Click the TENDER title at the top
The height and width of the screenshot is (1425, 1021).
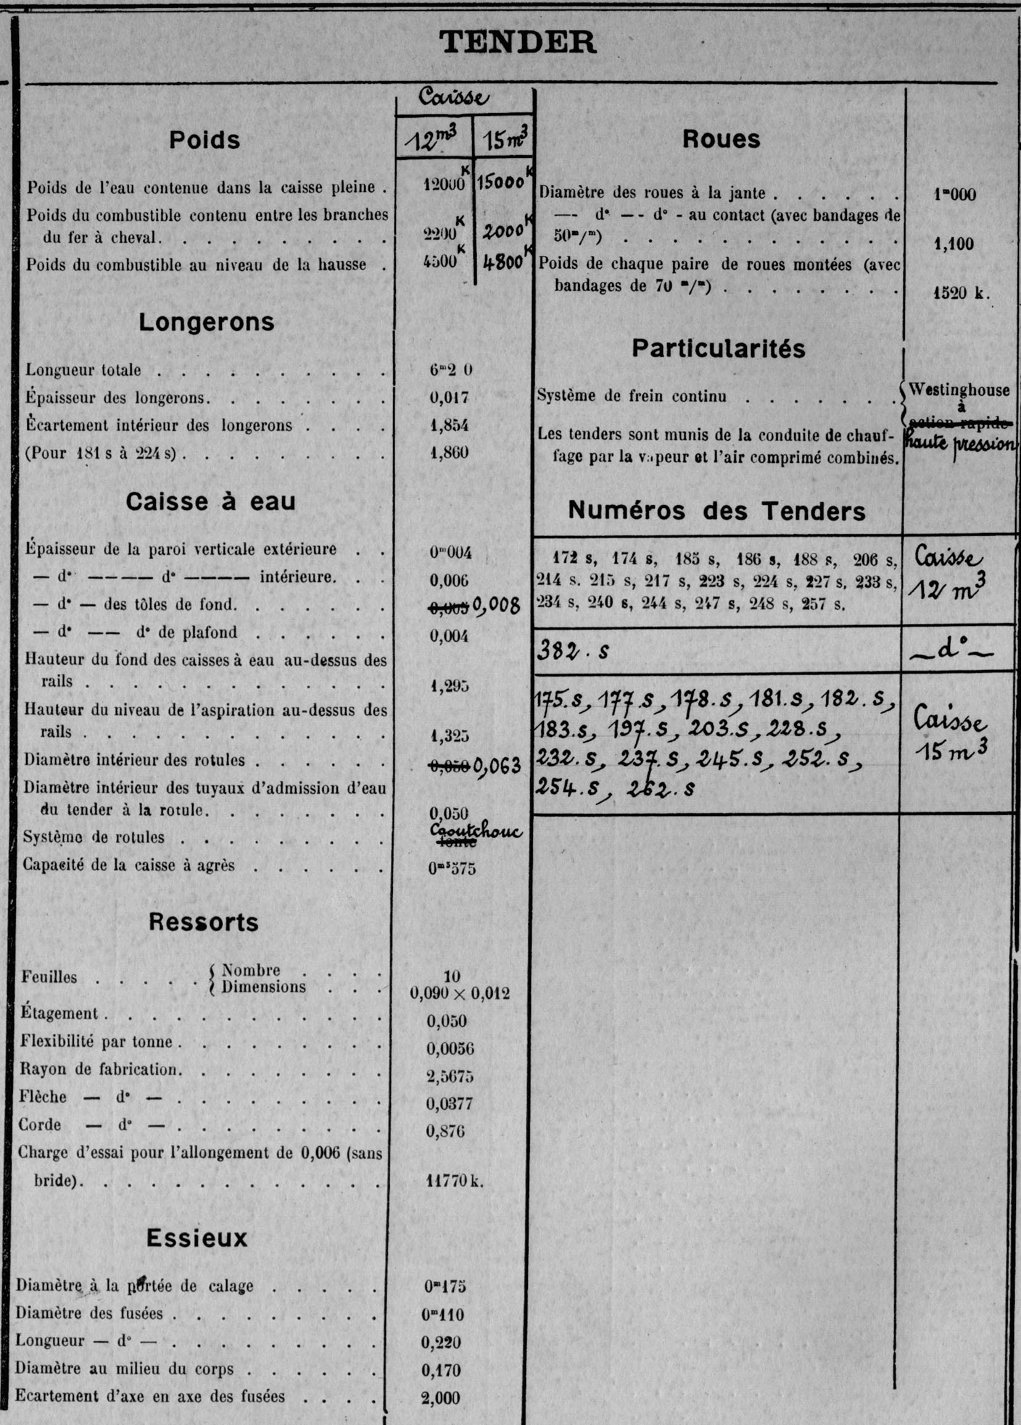click(518, 43)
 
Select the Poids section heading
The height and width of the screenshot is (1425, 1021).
click(204, 140)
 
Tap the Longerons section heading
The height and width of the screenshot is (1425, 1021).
click(207, 322)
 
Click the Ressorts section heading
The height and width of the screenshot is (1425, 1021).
click(204, 922)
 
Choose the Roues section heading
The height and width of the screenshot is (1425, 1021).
click(721, 140)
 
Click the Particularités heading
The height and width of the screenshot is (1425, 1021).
click(718, 349)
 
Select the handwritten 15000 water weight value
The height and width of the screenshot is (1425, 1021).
click(500, 182)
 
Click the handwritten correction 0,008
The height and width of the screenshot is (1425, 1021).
click(497, 606)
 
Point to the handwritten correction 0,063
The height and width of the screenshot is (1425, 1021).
click(497, 765)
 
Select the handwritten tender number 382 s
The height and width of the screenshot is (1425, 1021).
click(573, 651)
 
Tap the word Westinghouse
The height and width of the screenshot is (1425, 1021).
click(959, 390)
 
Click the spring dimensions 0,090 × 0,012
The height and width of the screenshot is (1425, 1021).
click(460, 993)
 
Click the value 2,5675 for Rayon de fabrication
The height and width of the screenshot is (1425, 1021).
click(450, 1076)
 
